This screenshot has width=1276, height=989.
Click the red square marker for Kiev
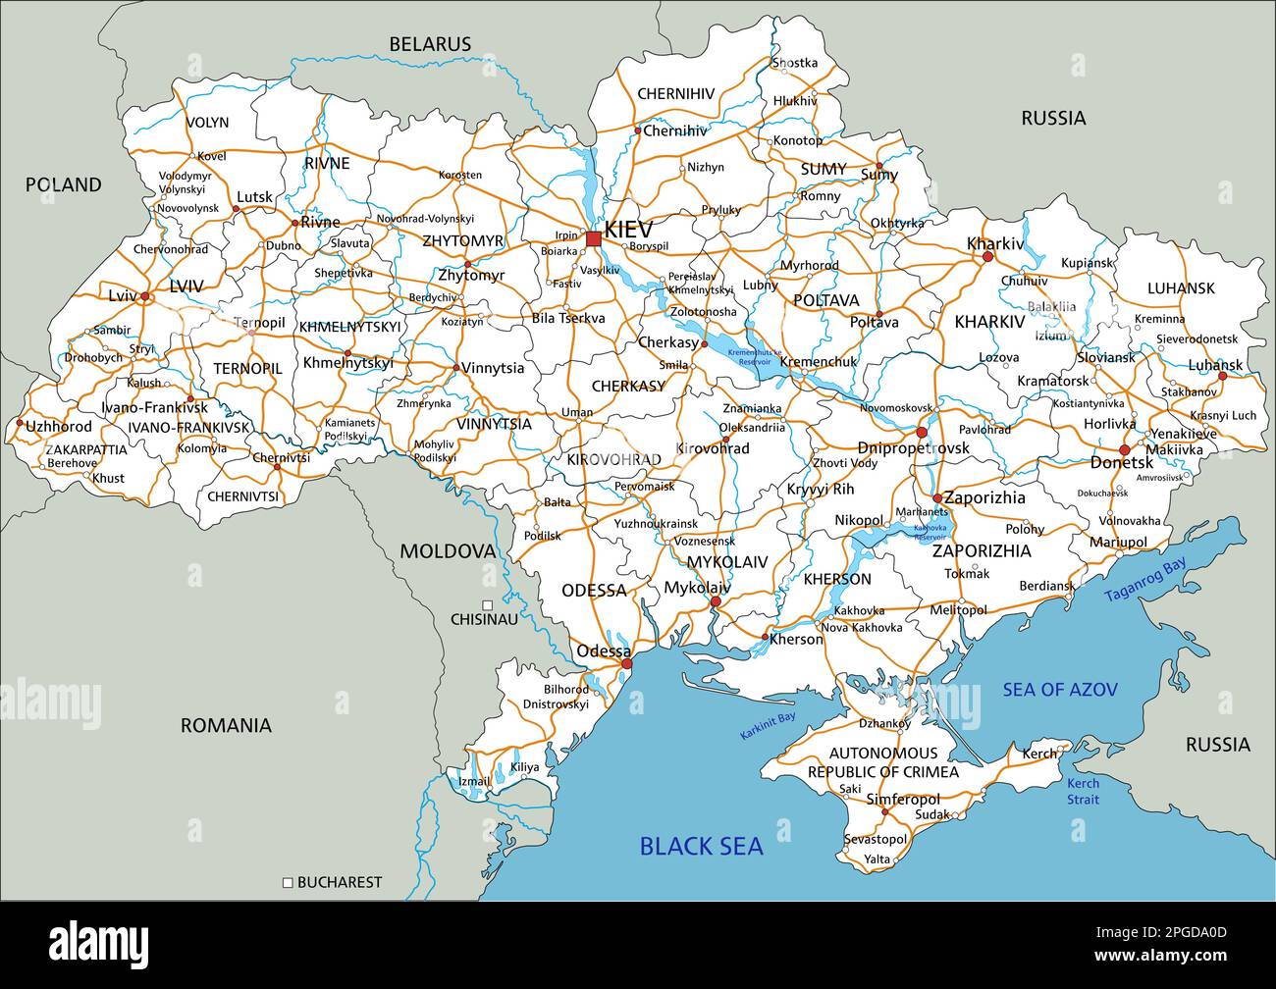pos(593,238)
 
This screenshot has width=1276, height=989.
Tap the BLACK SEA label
pos(701,846)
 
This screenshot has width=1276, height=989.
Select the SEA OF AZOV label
pos(1059,690)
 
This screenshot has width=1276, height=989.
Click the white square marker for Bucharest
pos(289,882)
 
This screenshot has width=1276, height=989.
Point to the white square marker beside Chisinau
pos(488,605)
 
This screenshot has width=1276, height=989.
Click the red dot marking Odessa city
pos(627,664)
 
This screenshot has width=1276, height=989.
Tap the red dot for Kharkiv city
pos(987,257)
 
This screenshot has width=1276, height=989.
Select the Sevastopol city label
pos(876,839)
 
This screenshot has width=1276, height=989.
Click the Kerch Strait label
pos(1084,791)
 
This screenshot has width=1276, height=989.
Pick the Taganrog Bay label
pos(1144,580)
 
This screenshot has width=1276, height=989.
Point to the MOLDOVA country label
pos(447,551)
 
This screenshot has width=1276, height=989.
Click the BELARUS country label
pos(430,44)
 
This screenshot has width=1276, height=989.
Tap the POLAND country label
pos(63,184)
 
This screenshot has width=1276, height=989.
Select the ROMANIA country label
pos(226,726)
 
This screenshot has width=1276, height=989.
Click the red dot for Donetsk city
pos(1124,450)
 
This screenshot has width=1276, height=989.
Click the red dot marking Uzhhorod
pos(19,424)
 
